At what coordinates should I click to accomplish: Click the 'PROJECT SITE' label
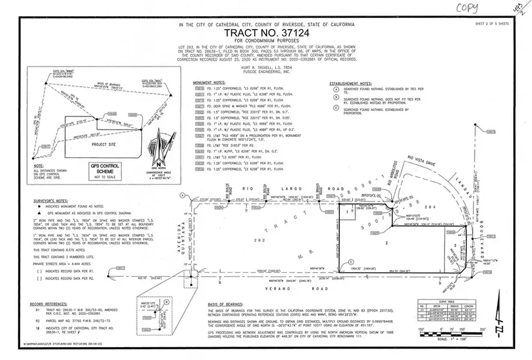click(103, 145)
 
